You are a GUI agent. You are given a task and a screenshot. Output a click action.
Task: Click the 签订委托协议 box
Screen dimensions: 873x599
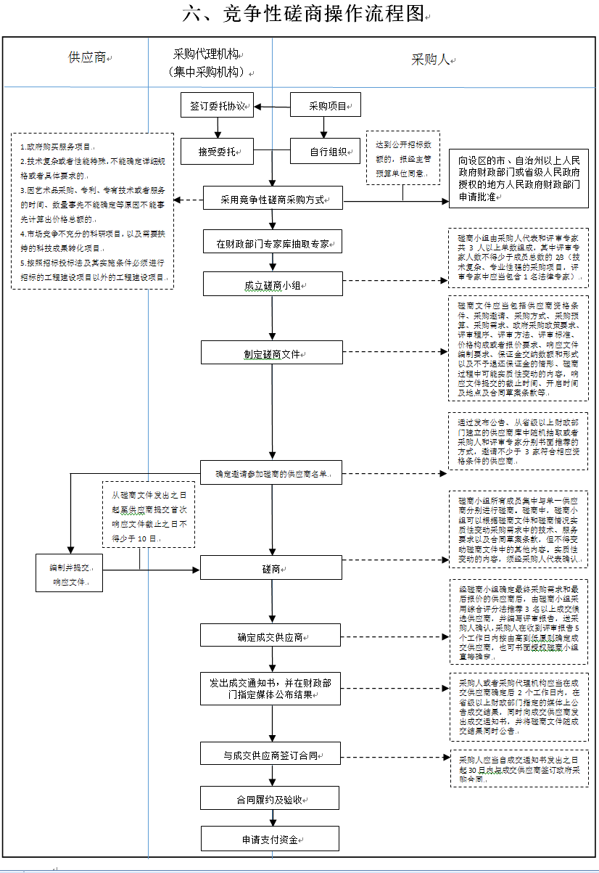218,105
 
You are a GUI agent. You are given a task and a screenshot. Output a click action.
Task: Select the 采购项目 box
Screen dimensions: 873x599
326,105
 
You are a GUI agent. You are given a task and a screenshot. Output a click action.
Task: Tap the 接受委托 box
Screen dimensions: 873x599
218,152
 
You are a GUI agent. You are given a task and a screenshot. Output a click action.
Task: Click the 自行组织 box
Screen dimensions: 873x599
326,152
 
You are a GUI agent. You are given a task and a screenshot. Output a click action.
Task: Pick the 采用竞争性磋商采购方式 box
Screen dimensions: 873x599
273,197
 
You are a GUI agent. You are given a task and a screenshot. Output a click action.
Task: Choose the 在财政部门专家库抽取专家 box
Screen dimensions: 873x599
273,242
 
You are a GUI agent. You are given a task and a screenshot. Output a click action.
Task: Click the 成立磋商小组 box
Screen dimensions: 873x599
273,284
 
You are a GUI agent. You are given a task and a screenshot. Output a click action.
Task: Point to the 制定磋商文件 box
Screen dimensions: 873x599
273,354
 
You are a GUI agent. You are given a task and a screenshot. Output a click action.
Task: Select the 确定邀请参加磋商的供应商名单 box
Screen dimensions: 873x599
273,474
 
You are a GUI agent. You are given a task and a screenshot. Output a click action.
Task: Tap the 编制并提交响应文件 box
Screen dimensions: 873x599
69,572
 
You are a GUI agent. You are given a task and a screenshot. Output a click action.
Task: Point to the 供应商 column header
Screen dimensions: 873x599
87,57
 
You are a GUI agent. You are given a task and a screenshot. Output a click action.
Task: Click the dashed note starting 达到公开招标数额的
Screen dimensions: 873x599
402,158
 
